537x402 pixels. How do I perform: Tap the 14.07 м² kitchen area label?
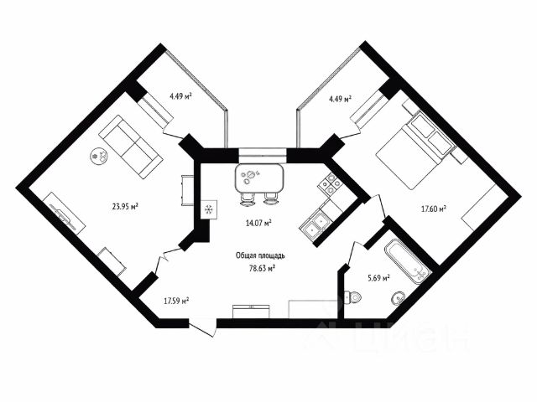click(x=258, y=223)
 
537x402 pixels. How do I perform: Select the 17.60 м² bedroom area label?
click(x=432, y=209)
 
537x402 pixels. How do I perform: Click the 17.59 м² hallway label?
click(x=175, y=300)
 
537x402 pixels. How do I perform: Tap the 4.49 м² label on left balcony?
click(x=180, y=96)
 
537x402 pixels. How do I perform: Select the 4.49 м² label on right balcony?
click(x=338, y=99)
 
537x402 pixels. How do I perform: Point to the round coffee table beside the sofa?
click(x=99, y=155)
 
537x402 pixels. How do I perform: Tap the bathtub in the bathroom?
click(x=406, y=260)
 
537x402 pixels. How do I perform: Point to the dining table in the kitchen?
click(x=259, y=178)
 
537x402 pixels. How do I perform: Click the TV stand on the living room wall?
click(x=65, y=211)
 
